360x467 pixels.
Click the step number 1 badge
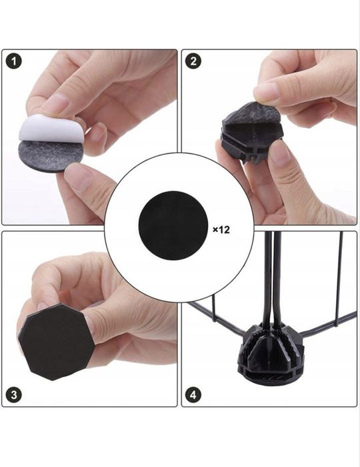14,61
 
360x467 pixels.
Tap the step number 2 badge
193,61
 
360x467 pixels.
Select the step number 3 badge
14,395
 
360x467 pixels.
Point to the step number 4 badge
193,395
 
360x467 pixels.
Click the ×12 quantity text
221,229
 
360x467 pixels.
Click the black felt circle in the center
173,225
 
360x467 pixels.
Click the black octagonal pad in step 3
57,342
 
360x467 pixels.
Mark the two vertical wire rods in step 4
273,277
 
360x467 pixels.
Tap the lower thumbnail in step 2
279,153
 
